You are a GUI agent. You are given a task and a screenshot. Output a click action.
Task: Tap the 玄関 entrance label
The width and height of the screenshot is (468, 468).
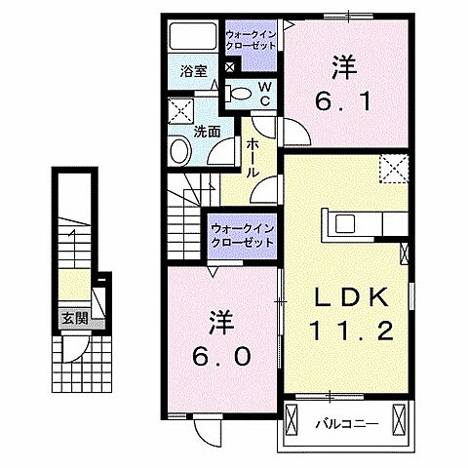pyautogui.click(x=73, y=317)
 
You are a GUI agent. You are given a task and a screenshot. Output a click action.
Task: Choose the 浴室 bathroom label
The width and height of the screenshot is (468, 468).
pyautogui.click(x=193, y=71)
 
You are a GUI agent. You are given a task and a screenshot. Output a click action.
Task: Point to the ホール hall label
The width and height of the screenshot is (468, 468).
pyautogui.click(x=253, y=157)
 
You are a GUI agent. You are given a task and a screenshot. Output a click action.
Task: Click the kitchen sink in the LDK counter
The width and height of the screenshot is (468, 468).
pyautogui.click(x=346, y=223)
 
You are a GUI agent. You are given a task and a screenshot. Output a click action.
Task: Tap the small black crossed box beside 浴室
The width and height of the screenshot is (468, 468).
pyautogui.click(x=229, y=68)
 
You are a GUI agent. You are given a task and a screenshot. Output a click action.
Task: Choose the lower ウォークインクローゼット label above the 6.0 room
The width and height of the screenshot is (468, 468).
pyautogui.click(x=241, y=235)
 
